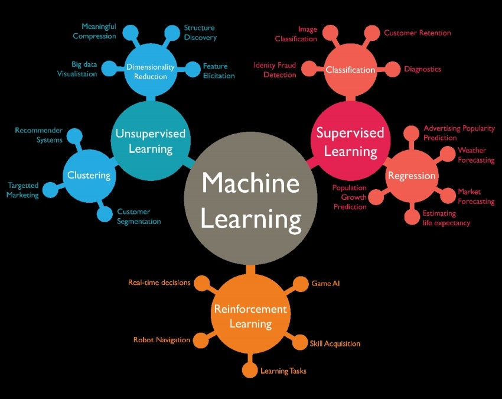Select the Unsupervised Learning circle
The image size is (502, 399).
150,141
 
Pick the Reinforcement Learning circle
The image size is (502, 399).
250,316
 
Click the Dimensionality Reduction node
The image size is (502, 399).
150,72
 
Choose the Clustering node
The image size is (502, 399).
89,175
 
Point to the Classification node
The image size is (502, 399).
350,70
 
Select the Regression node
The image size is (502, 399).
411,176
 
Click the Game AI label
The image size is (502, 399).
326,283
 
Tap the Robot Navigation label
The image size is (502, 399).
161,340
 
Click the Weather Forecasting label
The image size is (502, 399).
476,155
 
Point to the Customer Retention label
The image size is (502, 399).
417,33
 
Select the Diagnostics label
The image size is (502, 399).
422,69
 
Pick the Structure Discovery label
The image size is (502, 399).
200,33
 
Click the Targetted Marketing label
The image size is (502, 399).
23,190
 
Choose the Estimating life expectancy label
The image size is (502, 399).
446,218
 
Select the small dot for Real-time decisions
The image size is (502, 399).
202,283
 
